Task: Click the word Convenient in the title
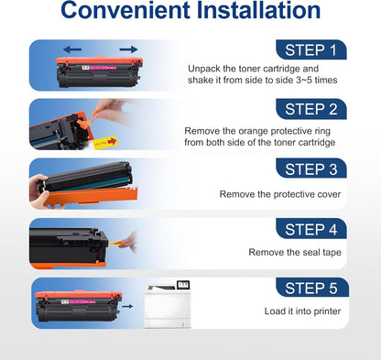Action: point(123,14)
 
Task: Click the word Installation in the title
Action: point(256,14)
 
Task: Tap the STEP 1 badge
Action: point(310,50)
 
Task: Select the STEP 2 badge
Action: point(310,110)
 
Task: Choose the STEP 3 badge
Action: point(310,169)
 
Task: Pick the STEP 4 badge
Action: point(310,229)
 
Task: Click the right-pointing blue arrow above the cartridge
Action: point(127,49)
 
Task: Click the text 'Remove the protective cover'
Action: point(279,193)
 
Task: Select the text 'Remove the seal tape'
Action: point(297,252)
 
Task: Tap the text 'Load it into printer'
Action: point(301,311)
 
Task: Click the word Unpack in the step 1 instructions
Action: point(203,69)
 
